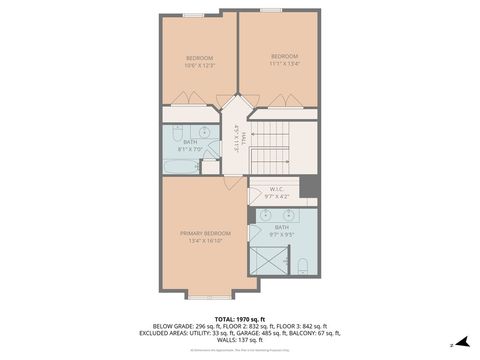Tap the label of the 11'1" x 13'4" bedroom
click(x=284, y=56)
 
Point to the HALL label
click(x=233, y=135)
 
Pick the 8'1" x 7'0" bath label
click(x=190, y=142)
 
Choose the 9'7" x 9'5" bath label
click(x=282, y=228)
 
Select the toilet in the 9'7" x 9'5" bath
click(x=302, y=266)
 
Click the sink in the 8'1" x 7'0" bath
click(x=204, y=132)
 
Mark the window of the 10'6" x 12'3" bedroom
click(x=194, y=14)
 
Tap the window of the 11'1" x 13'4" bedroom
click(x=270, y=10)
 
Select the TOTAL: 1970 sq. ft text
click(x=239, y=318)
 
